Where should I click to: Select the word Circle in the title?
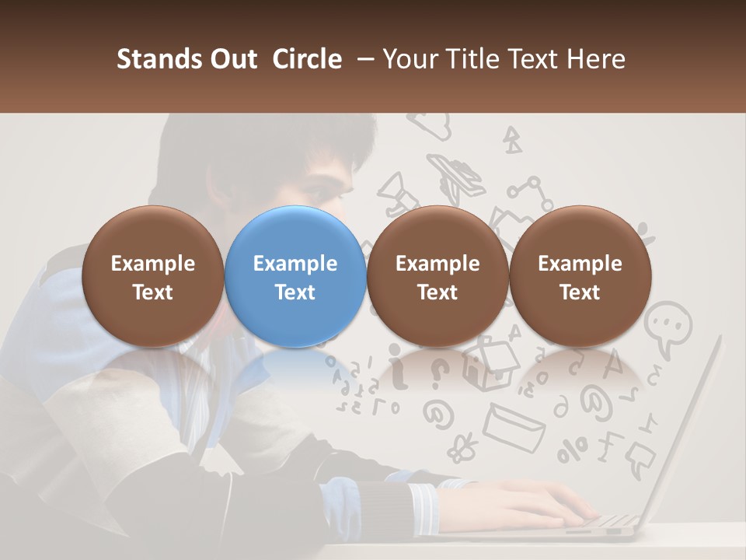pyautogui.click(x=307, y=59)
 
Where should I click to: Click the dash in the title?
pyautogui.click(x=364, y=59)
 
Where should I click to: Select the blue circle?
pyautogui.click(x=295, y=276)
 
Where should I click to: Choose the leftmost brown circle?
pyautogui.click(x=152, y=276)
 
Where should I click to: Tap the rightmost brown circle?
pyautogui.click(x=580, y=276)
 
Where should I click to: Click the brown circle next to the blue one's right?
pyautogui.click(x=437, y=276)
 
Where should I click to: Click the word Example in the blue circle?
pyautogui.click(x=295, y=264)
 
